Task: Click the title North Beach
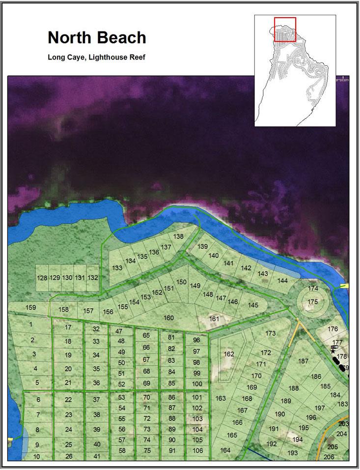[x=97, y=38]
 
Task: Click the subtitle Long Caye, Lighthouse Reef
[x=96, y=57]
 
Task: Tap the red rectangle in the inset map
[x=285, y=29]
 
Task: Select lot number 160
[x=168, y=318]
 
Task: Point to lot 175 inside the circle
[x=312, y=301]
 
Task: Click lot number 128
[x=42, y=278]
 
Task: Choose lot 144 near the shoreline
[x=282, y=281]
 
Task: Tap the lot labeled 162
[x=229, y=354]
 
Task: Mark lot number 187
[x=303, y=361]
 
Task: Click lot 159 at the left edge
[x=30, y=308]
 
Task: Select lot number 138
[x=178, y=236]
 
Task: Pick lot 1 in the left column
[x=30, y=324]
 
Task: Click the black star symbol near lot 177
[x=333, y=351]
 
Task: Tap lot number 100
[x=197, y=384]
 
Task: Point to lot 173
[x=271, y=334]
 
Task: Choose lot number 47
[x=119, y=331]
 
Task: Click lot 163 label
[x=221, y=398]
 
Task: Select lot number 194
[x=297, y=439]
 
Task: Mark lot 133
[x=117, y=268]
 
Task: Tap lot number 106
[x=197, y=451]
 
